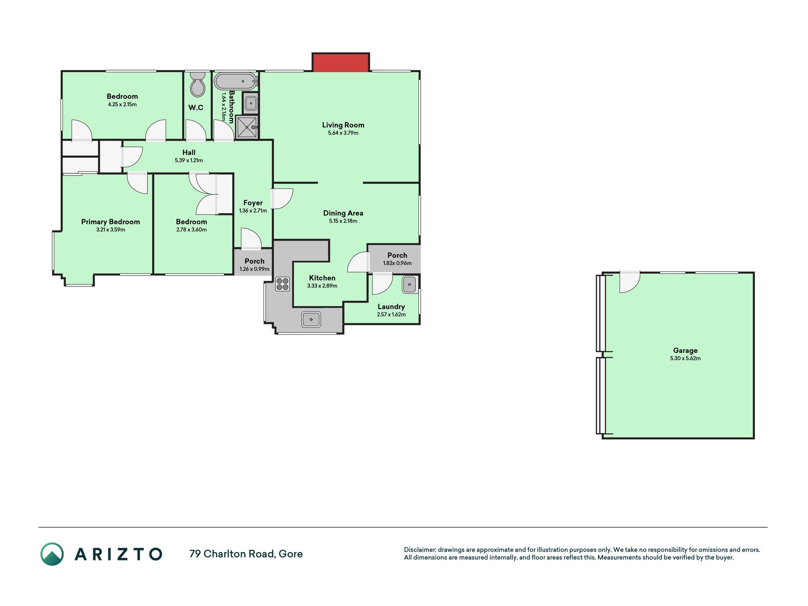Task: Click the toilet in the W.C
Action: coord(197,84)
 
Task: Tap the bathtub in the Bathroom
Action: coord(236,81)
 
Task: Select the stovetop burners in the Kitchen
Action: coord(283,284)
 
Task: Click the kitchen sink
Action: coord(311,320)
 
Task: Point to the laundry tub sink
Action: coord(409,285)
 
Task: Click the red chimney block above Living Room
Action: coord(340,62)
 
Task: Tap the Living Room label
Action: coord(343,125)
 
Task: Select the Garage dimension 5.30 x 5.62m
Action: coord(685,358)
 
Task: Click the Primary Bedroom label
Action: coord(110,222)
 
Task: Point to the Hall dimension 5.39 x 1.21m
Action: coord(189,160)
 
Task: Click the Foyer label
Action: coord(253,203)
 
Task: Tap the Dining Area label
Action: coord(343,213)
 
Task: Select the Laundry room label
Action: coord(391,307)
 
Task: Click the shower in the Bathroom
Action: coord(247,127)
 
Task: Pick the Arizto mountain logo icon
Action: coord(52,554)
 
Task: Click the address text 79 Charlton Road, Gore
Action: coord(246,554)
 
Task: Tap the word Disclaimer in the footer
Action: coord(420,550)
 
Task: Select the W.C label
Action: coord(196,107)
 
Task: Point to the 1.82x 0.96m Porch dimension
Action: coord(397,263)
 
